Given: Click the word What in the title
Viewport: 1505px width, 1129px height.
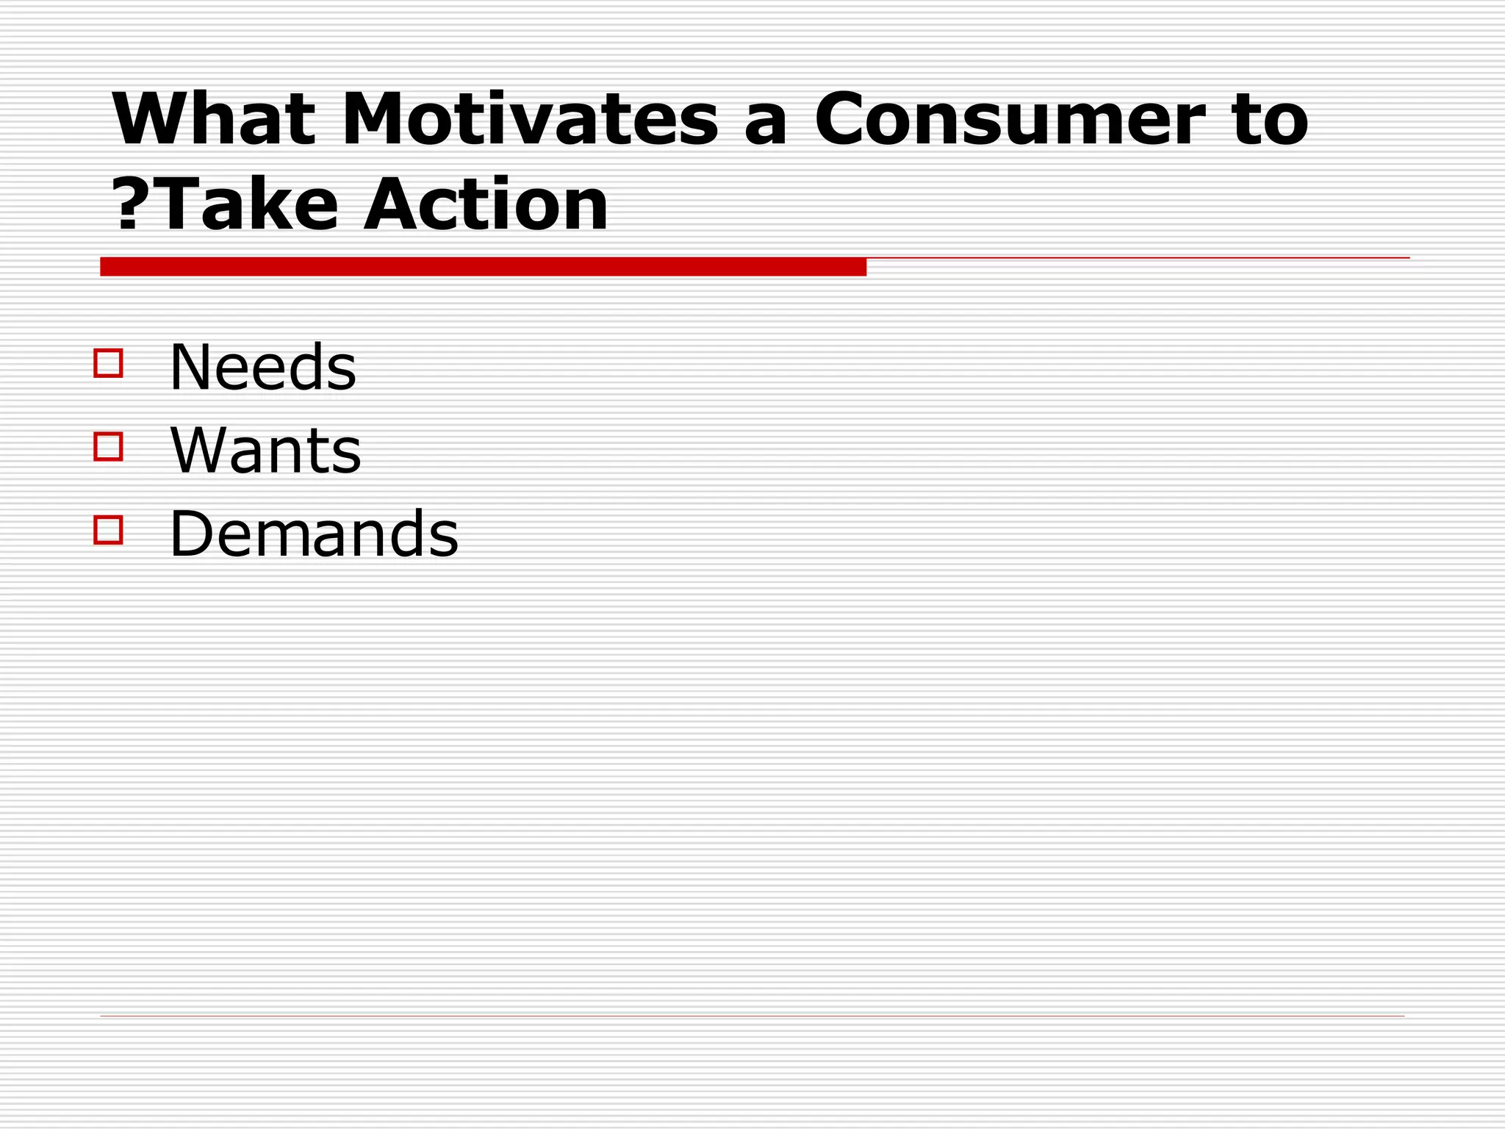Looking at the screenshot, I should [213, 119].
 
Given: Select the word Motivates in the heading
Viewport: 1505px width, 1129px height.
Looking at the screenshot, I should [530, 119].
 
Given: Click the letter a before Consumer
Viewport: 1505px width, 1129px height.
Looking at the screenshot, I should [766, 125].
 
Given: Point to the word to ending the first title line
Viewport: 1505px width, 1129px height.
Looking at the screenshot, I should [1271, 121].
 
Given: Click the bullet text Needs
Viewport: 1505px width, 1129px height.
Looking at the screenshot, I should [262, 367].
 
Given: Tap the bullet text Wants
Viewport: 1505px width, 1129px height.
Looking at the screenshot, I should [265, 450].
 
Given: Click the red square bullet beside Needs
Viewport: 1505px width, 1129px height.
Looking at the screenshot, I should [108, 363].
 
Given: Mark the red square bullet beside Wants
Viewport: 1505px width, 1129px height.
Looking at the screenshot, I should [108, 446].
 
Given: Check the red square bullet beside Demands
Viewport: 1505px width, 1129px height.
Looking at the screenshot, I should [108, 530].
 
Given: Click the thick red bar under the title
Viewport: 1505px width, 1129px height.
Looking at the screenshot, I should [483, 267].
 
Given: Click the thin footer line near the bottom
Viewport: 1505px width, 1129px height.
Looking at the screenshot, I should [752, 1017].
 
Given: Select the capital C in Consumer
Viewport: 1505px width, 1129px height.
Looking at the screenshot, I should [845, 119].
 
